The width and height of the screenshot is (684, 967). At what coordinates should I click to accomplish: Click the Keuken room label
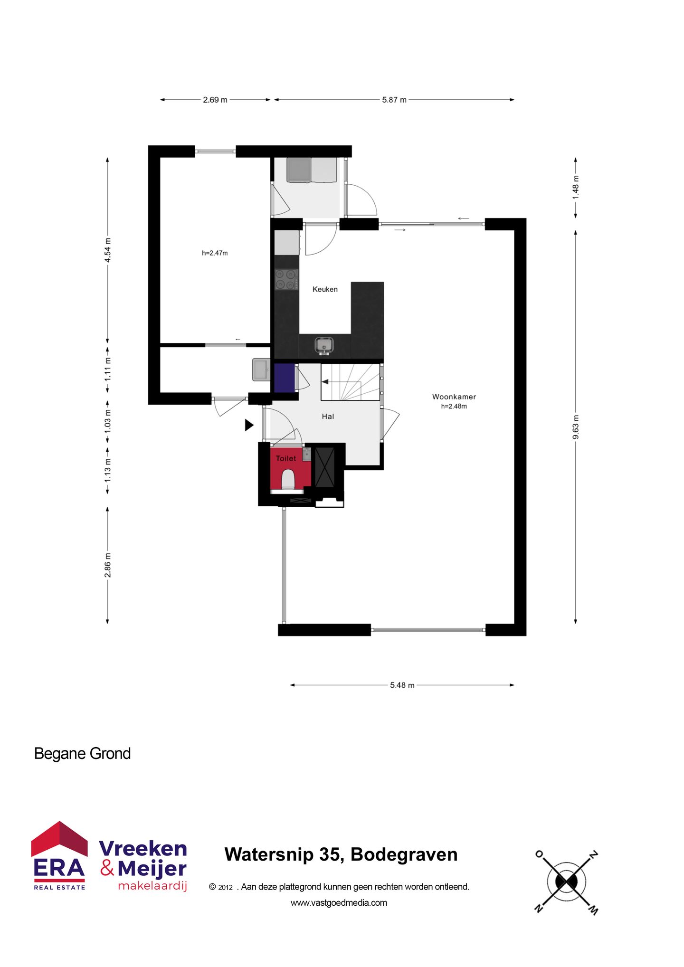point(325,289)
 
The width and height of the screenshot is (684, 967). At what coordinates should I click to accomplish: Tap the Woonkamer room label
point(454,397)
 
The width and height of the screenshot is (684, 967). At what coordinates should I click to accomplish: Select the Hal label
point(328,417)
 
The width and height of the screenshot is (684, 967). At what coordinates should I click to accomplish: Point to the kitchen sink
point(324,345)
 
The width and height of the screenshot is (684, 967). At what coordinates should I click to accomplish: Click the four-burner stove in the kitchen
point(286,279)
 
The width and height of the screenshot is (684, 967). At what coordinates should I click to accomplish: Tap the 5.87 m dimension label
point(394,100)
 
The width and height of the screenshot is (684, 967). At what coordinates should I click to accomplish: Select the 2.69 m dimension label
point(215,100)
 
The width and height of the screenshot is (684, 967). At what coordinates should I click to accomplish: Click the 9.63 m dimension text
point(576,427)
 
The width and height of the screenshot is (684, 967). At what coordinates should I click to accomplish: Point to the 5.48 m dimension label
point(402,685)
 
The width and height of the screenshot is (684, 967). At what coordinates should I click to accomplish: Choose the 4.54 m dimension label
point(108,250)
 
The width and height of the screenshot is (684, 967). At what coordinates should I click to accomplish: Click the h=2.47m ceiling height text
point(215,253)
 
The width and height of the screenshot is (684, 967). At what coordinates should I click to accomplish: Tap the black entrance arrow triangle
point(249,425)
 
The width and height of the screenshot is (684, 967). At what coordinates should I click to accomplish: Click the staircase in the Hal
point(351,382)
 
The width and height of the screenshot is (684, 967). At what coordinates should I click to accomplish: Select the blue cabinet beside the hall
point(284,378)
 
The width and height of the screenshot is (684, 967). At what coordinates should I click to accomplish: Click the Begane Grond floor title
point(82,754)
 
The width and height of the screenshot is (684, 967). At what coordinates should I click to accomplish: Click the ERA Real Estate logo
point(59,856)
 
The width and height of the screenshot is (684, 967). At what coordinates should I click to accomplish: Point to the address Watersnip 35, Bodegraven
point(341,854)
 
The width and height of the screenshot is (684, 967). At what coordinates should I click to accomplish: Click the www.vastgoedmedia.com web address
point(339,903)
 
